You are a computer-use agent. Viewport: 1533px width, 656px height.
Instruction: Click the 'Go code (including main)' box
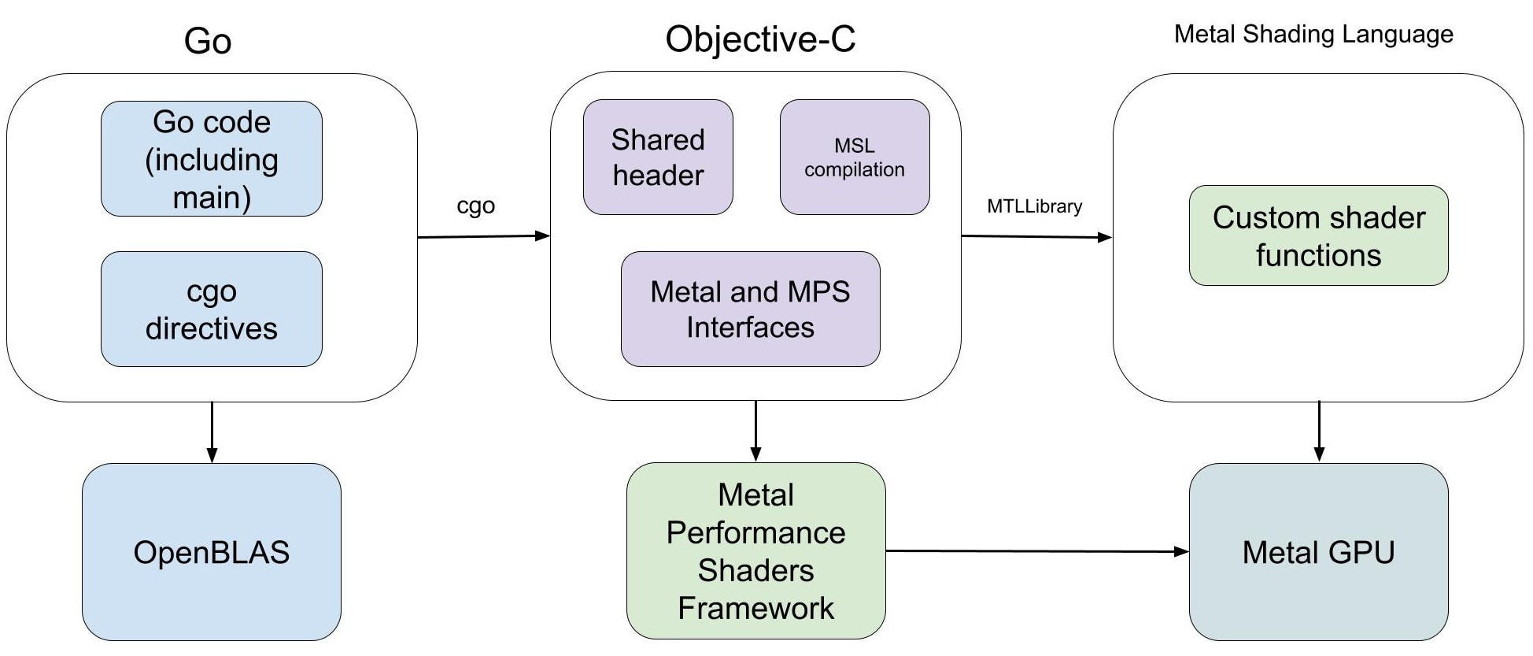click(x=211, y=158)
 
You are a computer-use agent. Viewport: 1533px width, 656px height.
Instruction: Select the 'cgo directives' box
click(x=211, y=309)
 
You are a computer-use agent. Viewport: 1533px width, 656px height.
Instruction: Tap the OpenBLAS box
click(x=211, y=552)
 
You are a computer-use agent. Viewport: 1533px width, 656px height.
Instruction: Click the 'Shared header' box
click(x=658, y=157)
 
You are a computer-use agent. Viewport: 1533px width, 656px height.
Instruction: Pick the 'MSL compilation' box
click(x=855, y=157)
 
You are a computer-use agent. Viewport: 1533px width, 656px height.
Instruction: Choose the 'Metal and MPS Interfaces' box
click(x=750, y=309)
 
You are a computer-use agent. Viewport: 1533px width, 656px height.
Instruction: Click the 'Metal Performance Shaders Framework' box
click(x=755, y=551)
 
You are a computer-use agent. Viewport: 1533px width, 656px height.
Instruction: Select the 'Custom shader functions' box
click(x=1318, y=235)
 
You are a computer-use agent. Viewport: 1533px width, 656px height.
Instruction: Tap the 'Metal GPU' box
click(x=1318, y=552)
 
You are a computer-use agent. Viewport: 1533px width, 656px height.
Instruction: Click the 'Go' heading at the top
click(x=208, y=41)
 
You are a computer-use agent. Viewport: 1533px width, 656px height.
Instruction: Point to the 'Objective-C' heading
click(x=760, y=39)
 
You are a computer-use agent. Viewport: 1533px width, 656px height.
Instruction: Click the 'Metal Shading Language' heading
click(x=1313, y=35)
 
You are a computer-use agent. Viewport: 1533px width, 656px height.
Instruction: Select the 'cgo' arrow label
click(x=475, y=206)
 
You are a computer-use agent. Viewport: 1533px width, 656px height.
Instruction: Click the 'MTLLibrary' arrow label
click(x=1034, y=206)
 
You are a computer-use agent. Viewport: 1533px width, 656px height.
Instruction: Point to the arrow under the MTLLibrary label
click(x=1036, y=236)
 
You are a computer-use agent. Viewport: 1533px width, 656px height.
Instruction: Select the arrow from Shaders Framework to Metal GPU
click(x=1036, y=551)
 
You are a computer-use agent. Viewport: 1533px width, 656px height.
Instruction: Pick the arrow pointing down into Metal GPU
click(x=1319, y=431)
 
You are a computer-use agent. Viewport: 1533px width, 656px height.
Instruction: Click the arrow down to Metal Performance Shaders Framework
click(x=755, y=431)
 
